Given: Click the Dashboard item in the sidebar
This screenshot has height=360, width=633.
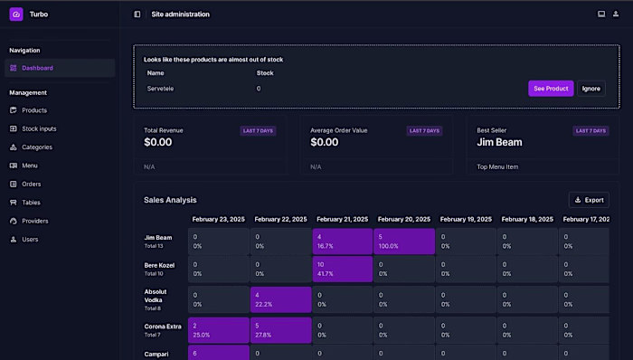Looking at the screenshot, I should coord(37,68).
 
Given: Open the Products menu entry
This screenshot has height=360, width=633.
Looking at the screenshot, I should coord(34,110).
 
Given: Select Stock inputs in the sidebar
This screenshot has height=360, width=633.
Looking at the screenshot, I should coord(39,128).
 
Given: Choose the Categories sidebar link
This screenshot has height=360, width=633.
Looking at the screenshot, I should coord(37,147).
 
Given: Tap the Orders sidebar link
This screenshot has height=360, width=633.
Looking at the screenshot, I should coord(32,184).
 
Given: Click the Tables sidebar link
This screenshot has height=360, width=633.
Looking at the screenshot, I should coord(31,203).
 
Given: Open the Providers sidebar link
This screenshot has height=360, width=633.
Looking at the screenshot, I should coord(35,221).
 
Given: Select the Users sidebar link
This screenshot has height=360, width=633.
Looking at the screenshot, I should coord(30,240).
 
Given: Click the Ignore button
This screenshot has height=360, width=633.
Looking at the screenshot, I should coord(590,89).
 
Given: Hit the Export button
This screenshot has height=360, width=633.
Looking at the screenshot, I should coord(589,200).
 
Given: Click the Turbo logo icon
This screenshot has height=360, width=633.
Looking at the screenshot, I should coord(16,14).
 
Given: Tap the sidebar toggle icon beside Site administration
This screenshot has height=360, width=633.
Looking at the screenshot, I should coord(137,14).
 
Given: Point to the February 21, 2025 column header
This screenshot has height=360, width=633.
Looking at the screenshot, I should coord(343,219).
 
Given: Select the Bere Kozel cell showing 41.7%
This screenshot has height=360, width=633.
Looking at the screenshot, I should coord(343,269).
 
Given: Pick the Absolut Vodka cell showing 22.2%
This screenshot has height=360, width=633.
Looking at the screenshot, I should coord(280,299).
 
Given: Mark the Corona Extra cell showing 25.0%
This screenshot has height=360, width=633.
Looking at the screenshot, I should coord(218,329).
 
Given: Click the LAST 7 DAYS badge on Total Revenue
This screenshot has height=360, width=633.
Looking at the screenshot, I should coord(259,130).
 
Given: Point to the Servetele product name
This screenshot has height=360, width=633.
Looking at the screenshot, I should coord(160,89).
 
